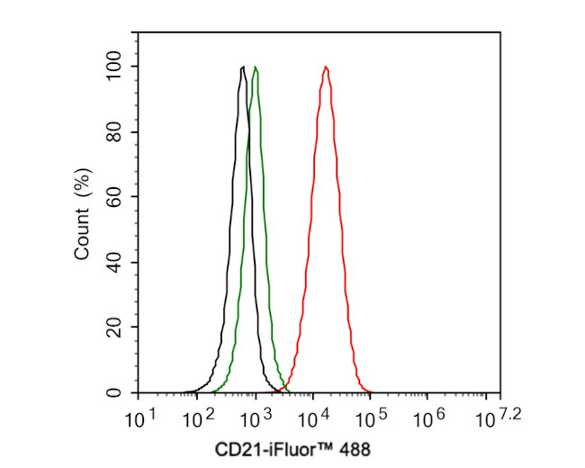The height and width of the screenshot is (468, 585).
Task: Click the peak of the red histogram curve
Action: [325, 67]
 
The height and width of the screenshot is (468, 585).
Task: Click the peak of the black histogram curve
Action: [243, 67]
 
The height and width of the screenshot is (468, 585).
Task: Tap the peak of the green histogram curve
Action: [256, 67]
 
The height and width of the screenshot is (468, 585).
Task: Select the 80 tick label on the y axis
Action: [115, 132]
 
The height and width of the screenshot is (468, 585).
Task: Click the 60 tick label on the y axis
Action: [115, 197]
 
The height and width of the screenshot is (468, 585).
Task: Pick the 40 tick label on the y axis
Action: [115, 263]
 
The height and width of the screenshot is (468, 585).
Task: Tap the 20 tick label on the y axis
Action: [115, 328]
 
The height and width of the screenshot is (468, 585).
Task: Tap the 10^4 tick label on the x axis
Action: [312, 418]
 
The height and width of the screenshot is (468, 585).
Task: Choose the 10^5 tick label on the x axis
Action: [371, 418]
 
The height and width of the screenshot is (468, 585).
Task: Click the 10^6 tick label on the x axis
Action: [428, 418]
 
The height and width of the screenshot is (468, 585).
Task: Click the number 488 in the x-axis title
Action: [354, 447]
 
